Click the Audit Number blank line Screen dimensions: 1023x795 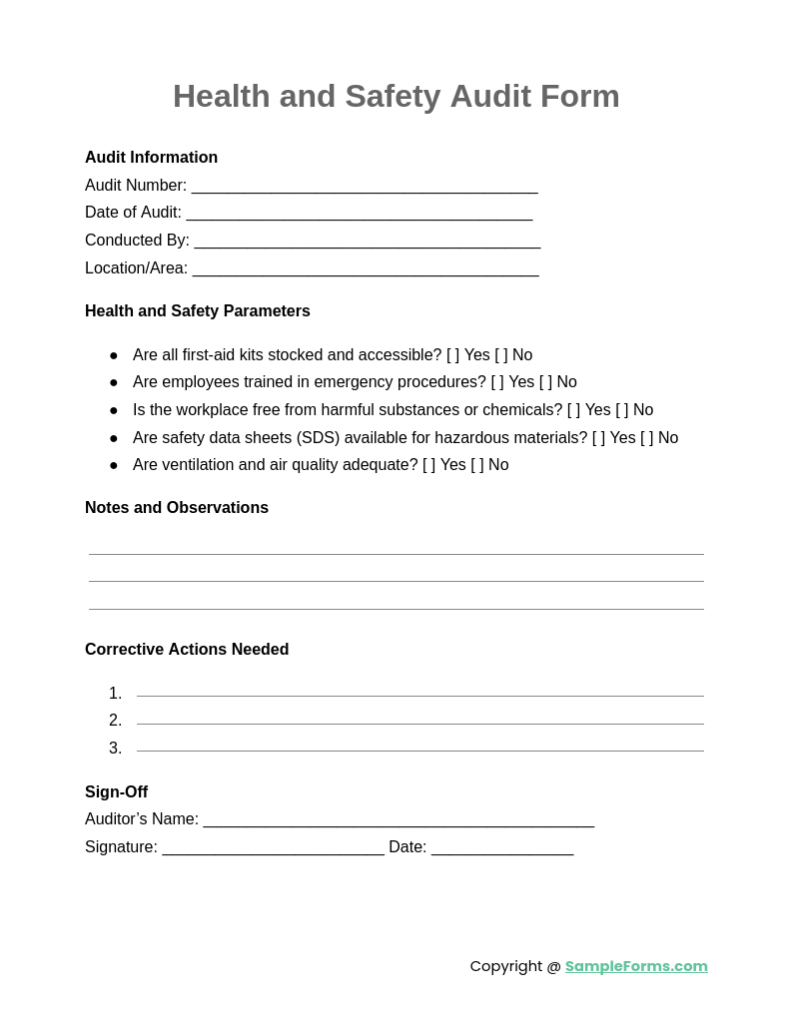365,187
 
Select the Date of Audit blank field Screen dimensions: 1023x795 360,214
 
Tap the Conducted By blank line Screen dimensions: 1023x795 368,242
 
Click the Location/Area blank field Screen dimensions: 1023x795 366,269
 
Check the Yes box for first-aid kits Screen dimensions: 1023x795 453,355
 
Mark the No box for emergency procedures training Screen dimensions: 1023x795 546,382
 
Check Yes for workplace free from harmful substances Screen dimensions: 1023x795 573,410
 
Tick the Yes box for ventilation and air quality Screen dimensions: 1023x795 429,465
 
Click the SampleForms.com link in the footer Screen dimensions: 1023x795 636,966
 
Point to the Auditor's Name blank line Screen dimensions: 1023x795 398,820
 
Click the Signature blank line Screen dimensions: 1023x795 273,848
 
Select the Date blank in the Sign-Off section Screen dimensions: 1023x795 502,848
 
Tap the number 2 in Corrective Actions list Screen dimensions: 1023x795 116,721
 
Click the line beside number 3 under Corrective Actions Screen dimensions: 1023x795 419,750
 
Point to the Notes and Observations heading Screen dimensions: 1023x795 177,508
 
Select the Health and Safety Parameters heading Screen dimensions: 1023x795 198,311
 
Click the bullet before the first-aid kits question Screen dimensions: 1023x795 114,355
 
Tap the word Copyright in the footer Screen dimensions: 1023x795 506,966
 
